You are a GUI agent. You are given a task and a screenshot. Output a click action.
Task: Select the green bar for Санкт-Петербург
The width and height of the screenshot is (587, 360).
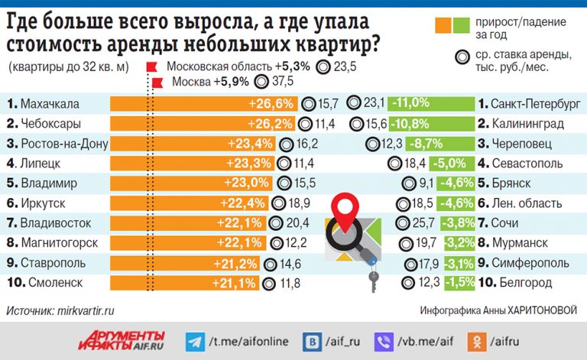tap(428, 103)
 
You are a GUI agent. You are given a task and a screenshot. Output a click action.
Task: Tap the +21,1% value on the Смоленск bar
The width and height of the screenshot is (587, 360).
tap(238, 284)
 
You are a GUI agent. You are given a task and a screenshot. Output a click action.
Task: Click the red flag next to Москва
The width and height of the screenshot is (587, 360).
tap(157, 83)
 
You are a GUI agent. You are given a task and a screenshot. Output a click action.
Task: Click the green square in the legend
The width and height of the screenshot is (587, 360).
tap(461, 26)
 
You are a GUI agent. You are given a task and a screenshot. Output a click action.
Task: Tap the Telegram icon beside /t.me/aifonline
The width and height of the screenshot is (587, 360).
tap(195, 339)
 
